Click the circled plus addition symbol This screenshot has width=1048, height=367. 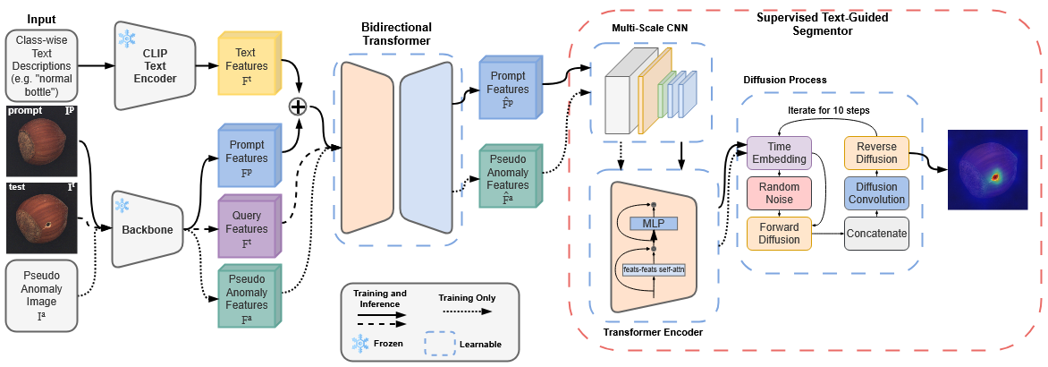coord(298,107)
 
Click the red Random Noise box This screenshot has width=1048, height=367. coord(778,193)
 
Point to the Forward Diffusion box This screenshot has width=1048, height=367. coord(778,233)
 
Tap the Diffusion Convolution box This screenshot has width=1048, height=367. coord(876,193)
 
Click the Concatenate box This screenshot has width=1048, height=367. coord(876,233)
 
